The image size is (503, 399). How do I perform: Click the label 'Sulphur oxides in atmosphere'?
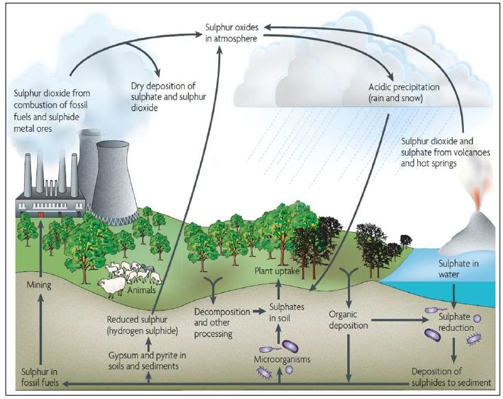click(x=231, y=33)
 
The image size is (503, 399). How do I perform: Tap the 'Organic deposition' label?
click(x=349, y=319)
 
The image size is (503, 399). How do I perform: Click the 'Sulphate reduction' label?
click(x=456, y=322)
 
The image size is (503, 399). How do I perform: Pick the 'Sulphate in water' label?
click(x=458, y=269)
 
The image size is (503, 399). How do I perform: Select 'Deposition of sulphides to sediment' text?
click(x=451, y=376)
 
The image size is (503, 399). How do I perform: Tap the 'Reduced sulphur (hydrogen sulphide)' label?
click(x=143, y=324)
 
